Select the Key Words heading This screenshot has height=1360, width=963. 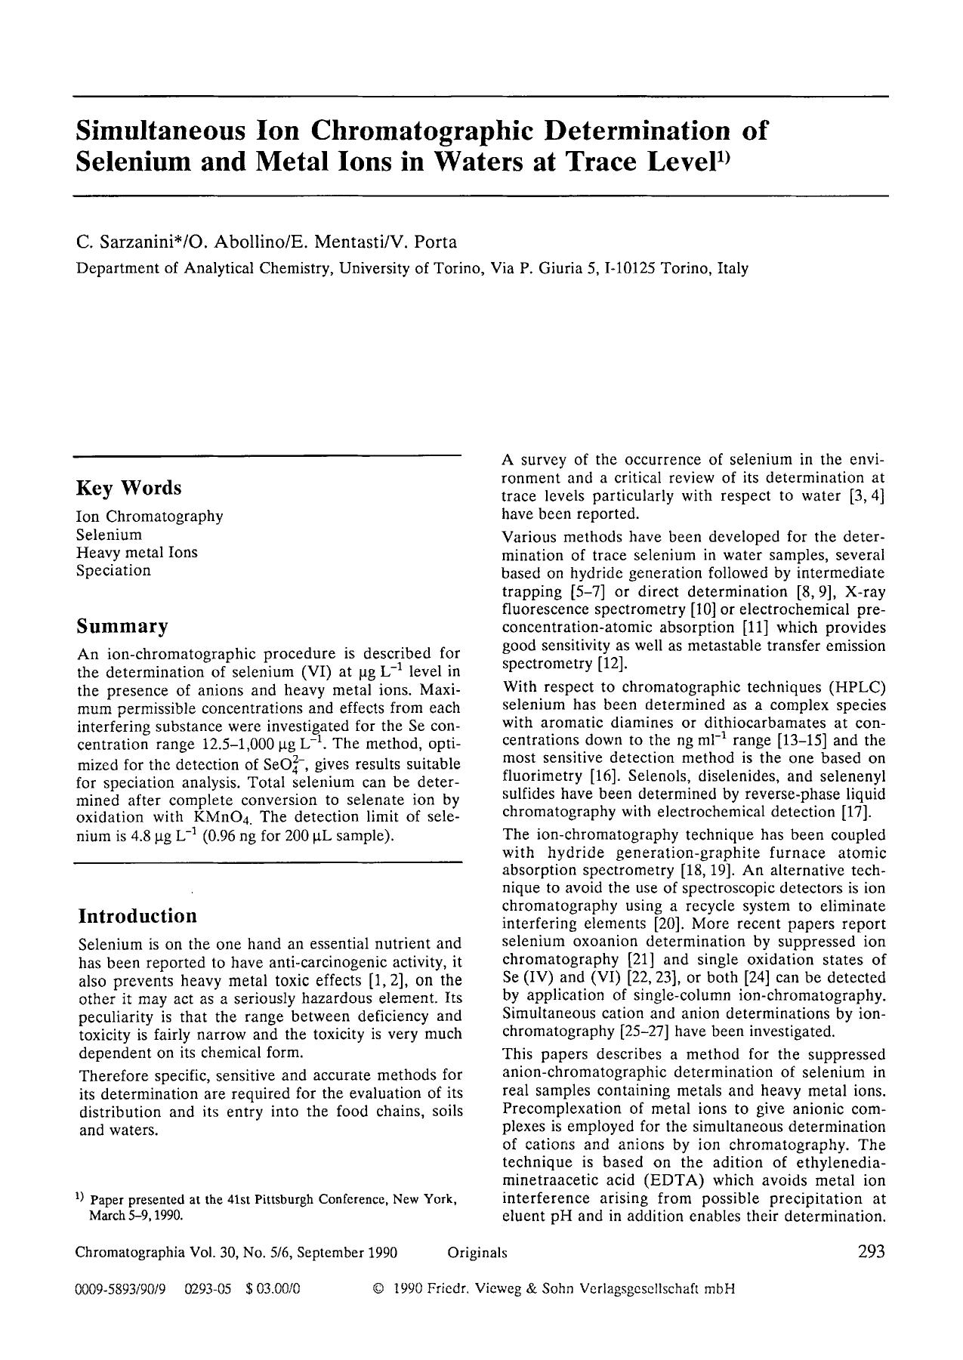tap(129, 488)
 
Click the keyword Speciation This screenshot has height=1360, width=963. tap(113, 570)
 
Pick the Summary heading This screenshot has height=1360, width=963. tap(122, 627)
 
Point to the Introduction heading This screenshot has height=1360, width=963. tap(137, 916)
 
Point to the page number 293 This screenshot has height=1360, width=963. tap(871, 1252)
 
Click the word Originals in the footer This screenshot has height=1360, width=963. tap(477, 1253)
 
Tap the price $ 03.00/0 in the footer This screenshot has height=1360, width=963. tap(273, 1289)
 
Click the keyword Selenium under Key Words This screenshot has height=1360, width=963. tap(109, 535)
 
